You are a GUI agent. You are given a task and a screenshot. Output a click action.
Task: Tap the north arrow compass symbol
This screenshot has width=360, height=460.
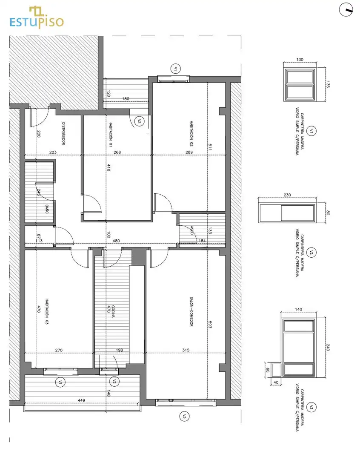click(x=346, y=10)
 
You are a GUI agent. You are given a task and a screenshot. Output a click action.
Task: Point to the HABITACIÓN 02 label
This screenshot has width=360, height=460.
click(x=191, y=133)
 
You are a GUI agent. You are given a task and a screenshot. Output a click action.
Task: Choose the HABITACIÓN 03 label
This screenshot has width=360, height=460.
click(x=47, y=311)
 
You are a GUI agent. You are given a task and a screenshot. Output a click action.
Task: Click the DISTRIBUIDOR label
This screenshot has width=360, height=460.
click(x=63, y=133)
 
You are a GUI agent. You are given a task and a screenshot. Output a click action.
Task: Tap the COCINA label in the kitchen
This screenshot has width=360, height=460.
click(x=113, y=311)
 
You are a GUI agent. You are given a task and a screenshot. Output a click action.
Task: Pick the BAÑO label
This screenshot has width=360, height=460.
click(x=47, y=209)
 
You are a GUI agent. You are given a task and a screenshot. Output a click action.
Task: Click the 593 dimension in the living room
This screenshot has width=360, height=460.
click(x=210, y=325)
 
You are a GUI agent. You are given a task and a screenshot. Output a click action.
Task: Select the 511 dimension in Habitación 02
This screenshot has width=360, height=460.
click(x=210, y=147)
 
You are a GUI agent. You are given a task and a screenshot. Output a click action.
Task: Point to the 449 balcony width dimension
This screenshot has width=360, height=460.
click(x=81, y=400)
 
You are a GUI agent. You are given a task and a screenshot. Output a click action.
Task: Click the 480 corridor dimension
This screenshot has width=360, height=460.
click(x=117, y=241)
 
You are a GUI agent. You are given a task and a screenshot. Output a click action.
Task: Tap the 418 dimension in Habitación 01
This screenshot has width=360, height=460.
click(x=109, y=168)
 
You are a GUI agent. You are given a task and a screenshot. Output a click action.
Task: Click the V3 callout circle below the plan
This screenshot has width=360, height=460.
click(x=184, y=416)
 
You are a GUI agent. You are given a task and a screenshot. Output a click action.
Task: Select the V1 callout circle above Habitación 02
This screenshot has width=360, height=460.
click(x=175, y=69)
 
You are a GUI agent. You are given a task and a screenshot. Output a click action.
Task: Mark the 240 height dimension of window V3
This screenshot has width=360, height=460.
click(x=328, y=348)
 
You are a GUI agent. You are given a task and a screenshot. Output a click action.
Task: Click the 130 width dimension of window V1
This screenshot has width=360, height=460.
click(x=300, y=60)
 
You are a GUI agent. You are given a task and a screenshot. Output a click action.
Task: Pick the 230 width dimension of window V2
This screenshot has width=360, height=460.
click(x=287, y=195)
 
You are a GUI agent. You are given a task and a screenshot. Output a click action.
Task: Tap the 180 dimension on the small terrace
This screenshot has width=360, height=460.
click(x=126, y=98)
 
